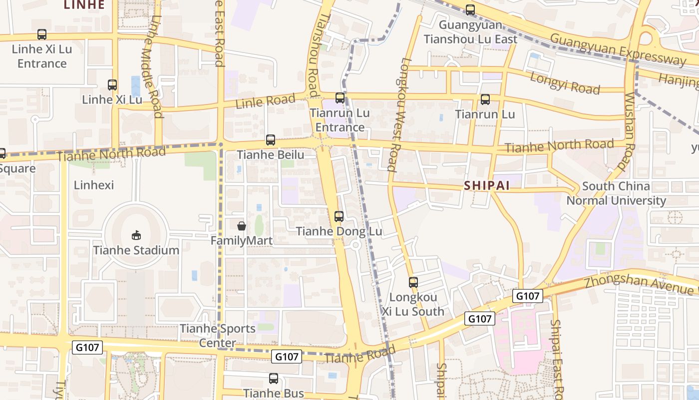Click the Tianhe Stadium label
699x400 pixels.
[x=136, y=250]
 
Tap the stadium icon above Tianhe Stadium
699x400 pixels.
[x=136, y=234]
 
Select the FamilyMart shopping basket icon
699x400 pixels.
[x=242, y=226]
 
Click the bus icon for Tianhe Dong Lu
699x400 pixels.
[x=339, y=216]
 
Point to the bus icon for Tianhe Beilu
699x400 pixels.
[x=271, y=140]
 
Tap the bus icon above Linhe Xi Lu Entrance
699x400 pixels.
[x=42, y=34]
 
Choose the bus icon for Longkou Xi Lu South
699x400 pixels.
[x=413, y=282]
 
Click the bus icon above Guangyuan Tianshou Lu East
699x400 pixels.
[x=470, y=9]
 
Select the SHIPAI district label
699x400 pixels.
[x=487, y=185]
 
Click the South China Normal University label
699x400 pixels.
[x=616, y=193]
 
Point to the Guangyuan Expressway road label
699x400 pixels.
[x=618, y=49]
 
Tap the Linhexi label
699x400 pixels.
[x=94, y=185]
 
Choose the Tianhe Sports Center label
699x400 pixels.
[x=218, y=335]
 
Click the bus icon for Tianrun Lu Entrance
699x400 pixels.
[x=340, y=98]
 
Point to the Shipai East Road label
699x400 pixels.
[x=556, y=357]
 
